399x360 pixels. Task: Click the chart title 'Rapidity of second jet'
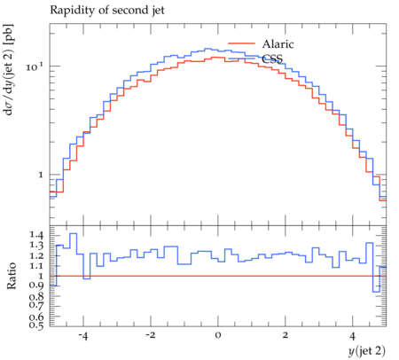click(x=107, y=11)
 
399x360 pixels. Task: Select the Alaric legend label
click(x=278, y=44)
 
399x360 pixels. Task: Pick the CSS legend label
click(x=272, y=59)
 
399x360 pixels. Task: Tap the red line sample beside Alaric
click(x=241, y=43)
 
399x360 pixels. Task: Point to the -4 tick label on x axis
click(x=83, y=336)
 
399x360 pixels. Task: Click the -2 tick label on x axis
click(x=150, y=336)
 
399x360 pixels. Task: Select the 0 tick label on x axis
click(x=218, y=336)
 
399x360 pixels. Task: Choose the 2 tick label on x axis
click(x=285, y=336)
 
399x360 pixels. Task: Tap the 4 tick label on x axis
click(x=352, y=336)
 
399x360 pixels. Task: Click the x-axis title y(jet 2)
click(x=367, y=351)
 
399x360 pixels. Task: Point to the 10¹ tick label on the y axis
click(x=35, y=67)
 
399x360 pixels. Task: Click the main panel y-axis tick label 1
click(x=41, y=175)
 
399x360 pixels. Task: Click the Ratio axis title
click(x=12, y=276)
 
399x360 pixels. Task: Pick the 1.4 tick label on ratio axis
click(x=36, y=235)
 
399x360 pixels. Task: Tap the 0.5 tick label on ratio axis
click(x=36, y=325)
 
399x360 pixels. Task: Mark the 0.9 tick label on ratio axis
click(x=36, y=286)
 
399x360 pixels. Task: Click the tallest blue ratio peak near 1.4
click(x=74, y=233)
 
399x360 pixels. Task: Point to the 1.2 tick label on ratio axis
click(x=36, y=255)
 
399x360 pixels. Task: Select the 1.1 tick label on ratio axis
click(x=36, y=265)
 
